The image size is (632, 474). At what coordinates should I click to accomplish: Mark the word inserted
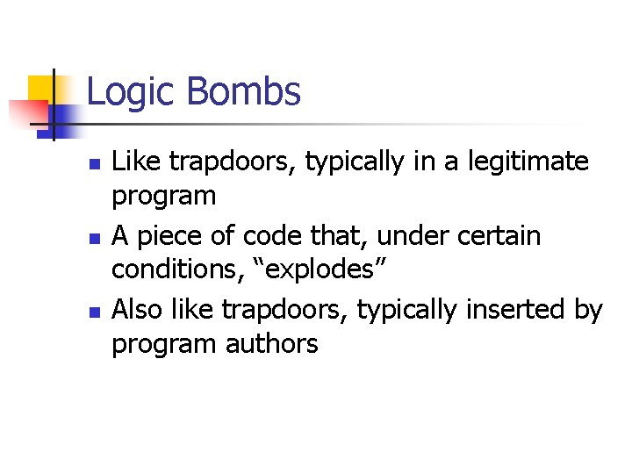coord(507,310)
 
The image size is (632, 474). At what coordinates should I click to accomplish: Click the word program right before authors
coord(163,345)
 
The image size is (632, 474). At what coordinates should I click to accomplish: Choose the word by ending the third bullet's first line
coord(586,310)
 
